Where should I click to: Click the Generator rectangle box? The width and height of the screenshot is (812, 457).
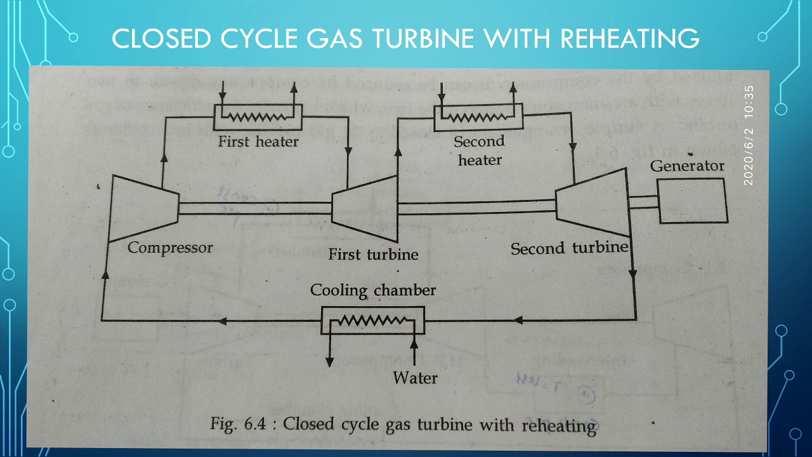point(691,201)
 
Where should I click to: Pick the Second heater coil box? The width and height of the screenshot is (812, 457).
point(479,116)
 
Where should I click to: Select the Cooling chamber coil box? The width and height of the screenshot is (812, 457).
point(372,321)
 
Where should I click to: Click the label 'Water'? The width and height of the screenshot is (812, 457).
point(415,378)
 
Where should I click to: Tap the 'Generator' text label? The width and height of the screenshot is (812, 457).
point(687,166)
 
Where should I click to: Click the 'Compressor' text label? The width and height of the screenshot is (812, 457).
point(170,248)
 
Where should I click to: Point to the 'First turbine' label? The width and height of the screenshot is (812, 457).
point(373,255)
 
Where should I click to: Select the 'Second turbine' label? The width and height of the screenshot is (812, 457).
point(569,248)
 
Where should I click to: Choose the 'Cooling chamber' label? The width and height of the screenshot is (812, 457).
point(373,291)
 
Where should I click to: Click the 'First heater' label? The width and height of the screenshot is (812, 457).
point(258,142)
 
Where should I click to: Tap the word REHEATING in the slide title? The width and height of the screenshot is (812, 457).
point(630,39)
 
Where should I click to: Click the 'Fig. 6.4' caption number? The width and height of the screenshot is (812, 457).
point(242,423)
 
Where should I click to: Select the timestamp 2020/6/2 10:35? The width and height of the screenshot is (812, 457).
point(749,136)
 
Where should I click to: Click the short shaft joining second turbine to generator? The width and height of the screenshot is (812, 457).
point(643,202)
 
